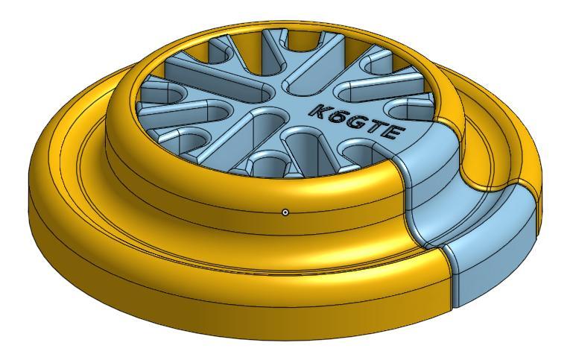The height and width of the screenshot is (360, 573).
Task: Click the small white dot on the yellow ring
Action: point(285,212)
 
